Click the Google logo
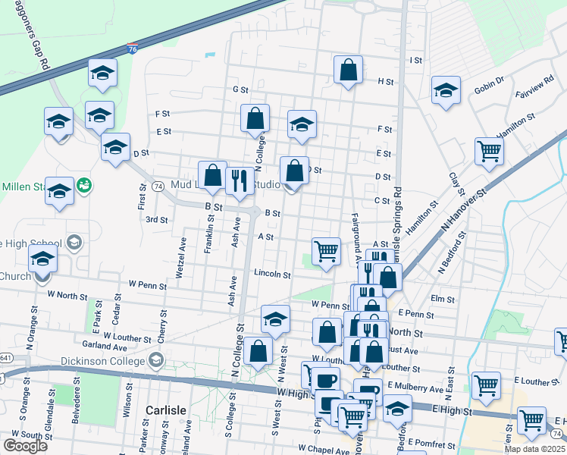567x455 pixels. [x=25, y=445]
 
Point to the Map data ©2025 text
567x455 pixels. [x=534, y=449]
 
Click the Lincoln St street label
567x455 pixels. [x=272, y=274]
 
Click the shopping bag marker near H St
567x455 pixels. [x=348, y=70]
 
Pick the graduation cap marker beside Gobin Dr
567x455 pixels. [x=446, y=89]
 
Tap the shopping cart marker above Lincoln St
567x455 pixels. [x=326, y=250]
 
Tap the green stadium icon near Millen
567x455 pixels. [x=83, y=184]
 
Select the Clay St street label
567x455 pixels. [x=456, y=181]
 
